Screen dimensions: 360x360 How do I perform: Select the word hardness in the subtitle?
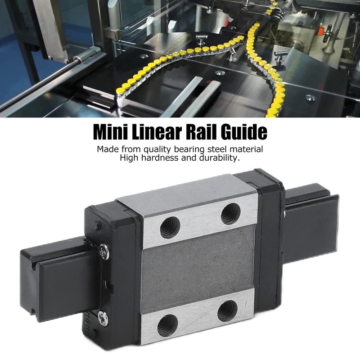pyautogui.click(x=159, y=158)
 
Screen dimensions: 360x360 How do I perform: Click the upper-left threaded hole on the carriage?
pyautogui.click(x=170, y=228)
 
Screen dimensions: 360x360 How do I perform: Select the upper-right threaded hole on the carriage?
pyautogui.click(x=230, y=213)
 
